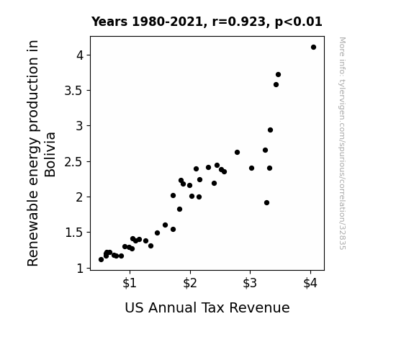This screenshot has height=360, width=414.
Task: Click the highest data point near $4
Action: coord(313,48)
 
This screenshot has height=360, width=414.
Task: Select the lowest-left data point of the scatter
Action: coord(101,260)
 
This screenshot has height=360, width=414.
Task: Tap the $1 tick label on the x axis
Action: coord(130,283)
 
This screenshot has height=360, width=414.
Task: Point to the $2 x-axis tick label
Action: coord(190,283)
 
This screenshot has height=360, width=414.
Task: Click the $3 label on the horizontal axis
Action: coord(250,283)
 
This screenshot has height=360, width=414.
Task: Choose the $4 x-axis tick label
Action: coord(310,283)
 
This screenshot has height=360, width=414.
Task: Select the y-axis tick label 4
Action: coord(80,55)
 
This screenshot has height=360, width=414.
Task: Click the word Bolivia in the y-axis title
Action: coord(50,155)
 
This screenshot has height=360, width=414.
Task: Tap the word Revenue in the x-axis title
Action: coord(259,307)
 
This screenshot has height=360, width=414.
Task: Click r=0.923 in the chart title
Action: coord(239,22)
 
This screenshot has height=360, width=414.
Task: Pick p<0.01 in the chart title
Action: coord(298,22)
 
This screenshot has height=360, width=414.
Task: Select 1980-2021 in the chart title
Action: coord(167,22)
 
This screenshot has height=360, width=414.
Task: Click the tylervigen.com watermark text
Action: coord(342,143)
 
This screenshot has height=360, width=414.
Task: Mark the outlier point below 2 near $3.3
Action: coord(266,203)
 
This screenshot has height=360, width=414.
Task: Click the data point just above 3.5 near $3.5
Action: coord(276,85)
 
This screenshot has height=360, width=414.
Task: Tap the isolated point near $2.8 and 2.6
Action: coord(237,153)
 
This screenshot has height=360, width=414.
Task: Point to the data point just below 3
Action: coord(270,130)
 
